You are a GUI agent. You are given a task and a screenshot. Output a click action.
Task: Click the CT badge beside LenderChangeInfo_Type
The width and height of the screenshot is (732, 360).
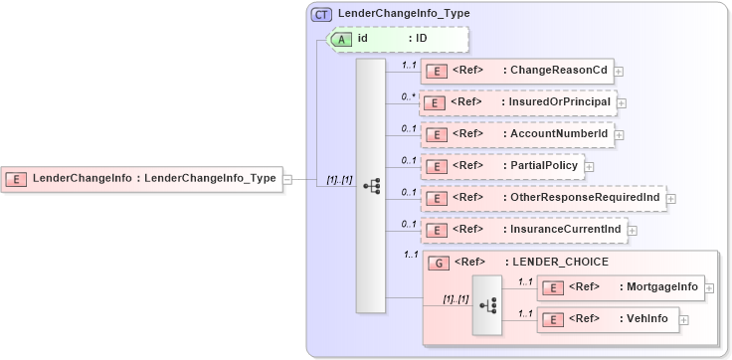pyautogui.click(x=321, y=14)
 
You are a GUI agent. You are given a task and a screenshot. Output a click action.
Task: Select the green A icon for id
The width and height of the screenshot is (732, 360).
pyautogui.click(x=341, y=39)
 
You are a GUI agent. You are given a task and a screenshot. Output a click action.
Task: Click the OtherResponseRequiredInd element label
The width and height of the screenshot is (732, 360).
pyautogui.click(x=585, y=198)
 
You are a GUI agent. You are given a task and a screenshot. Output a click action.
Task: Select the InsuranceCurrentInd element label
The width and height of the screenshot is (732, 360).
pyautogui.click(x=565, y=230)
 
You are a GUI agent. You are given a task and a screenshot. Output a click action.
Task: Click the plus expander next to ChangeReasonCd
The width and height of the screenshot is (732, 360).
pyautogui.click(x=619, y=71)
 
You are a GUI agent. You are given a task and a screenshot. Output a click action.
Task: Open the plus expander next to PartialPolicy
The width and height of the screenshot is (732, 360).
pyautogui.click(x=589, y=166)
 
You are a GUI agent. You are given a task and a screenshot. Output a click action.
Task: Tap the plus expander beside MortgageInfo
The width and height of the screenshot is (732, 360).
pyautogui.click(x=709, y=287)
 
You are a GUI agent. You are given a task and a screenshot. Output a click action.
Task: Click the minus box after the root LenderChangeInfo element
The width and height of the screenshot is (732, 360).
pyautogui.click(x=287, y=179)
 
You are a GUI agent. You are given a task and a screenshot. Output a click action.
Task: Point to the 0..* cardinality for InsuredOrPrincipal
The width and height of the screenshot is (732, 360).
pyautogui.click(x=408, y=96)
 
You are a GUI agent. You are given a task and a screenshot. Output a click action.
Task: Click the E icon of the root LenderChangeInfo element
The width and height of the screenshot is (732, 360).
pyautogui.click(x=16, y=179)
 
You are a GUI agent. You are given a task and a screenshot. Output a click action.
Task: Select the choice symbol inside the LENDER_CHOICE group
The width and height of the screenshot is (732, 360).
pyautogui.click(x=488, y=305)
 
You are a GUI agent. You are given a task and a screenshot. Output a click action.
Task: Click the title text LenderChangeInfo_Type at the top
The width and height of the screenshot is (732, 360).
pyautogui.click(x=404, y=14)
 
